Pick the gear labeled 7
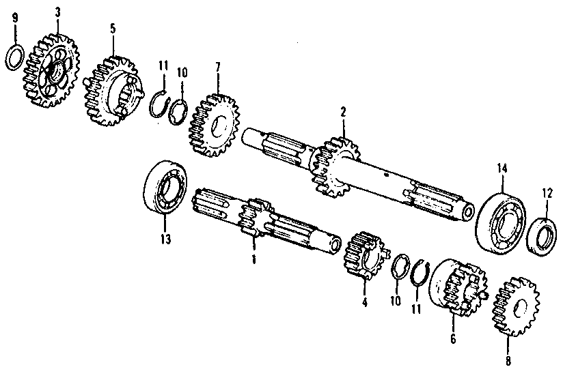click(215, 125)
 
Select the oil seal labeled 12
click(542, 236)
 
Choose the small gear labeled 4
click(363, 255)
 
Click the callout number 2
click(343, 113)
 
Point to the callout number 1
click(254, 259)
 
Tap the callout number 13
click(165, 239)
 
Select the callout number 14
click(502, 168)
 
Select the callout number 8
click(508, 361)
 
